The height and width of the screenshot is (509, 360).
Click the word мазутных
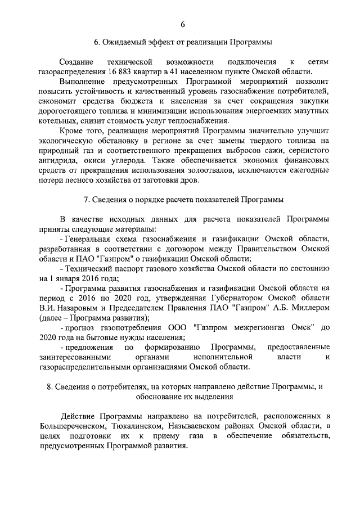tap(311, 114)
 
